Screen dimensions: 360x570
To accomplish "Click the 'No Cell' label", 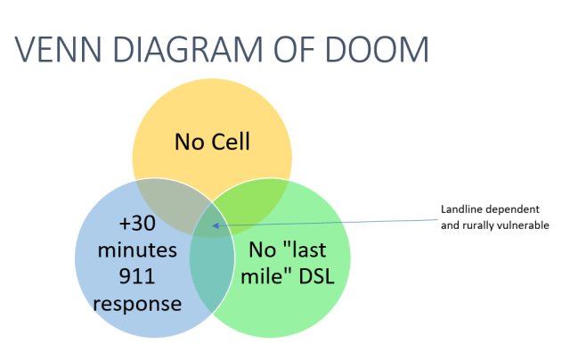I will pos(212,142).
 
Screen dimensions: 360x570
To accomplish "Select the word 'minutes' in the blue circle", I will pos(137,249).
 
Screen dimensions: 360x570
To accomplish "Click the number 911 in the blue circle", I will pos(137,276).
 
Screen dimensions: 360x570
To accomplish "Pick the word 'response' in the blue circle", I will pos(137,303).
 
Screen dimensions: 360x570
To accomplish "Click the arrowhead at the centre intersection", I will pos(216,226).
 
